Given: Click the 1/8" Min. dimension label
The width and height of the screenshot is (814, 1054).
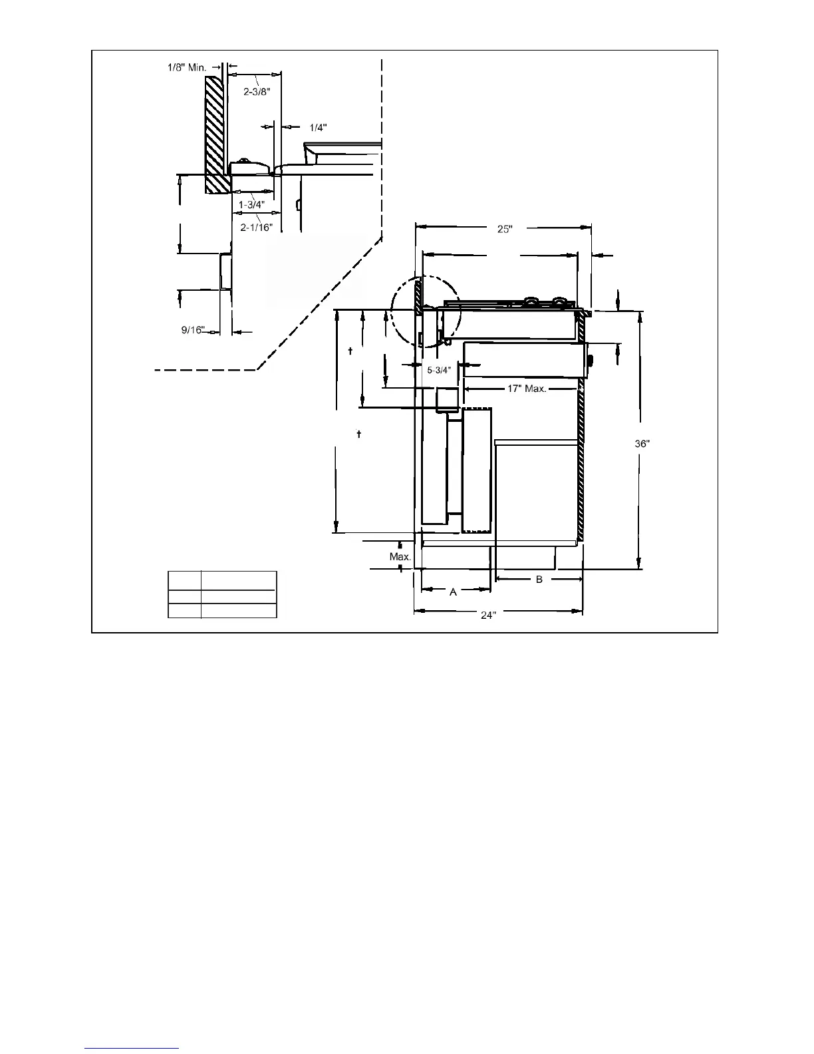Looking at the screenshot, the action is [186, 67].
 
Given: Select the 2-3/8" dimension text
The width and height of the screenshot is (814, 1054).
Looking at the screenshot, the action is [257, 92].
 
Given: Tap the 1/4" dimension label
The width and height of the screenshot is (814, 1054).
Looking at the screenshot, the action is [319, 127].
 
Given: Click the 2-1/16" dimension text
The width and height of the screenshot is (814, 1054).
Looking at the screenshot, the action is [257, 227].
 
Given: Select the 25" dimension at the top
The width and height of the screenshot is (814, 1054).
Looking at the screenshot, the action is [505, 229].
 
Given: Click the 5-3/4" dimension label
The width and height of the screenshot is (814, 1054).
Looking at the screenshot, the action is [439, 369].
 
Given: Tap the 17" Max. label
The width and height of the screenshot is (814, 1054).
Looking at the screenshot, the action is [527, 389].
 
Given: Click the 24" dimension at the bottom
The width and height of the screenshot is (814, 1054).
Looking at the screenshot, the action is [488, 615].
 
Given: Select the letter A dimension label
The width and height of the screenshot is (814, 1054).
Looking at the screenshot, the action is [454, 592].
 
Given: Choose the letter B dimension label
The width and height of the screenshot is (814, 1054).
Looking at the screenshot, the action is [539, 580].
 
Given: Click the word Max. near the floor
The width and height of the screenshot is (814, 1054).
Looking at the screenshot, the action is [400, 556].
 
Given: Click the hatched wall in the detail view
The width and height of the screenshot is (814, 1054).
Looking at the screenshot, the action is [217, 133].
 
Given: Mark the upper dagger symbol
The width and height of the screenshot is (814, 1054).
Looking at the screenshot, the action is [350, 350].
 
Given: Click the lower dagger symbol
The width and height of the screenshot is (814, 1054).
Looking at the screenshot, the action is [359, 435].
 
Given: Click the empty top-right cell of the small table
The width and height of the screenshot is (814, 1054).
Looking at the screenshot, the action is [239, 580].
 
